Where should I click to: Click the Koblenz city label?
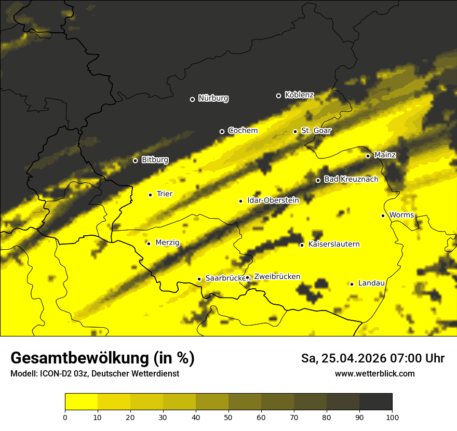click(299, 95)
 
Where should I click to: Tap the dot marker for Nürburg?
click(192, 99)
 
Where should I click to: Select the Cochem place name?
click(243, 130)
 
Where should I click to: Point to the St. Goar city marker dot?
click(295, 131)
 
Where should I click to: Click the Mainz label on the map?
click(385, 155)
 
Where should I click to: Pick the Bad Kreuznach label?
click(351, 179)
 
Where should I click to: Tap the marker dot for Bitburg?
click(135, 160)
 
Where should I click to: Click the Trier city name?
click(164, 194)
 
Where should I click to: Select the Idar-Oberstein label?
click(273, 200)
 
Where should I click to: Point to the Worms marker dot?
click(383, 216)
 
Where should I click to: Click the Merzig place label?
click(167, 243)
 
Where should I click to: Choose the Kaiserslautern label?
click(334, 244)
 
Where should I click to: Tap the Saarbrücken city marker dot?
click(199, 279)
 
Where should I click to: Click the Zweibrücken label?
click(277, 277)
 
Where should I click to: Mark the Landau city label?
click(371, 283)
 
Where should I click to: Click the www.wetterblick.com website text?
click(375, 373)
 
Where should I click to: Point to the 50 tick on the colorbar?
click(228, 416)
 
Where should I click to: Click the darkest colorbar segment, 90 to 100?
click(375, 402)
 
